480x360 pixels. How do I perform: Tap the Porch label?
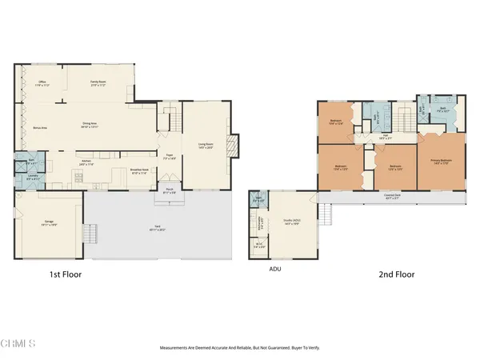[169, 191]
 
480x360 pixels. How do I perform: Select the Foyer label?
[170, 157]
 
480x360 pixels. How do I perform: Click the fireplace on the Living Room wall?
[231, 146]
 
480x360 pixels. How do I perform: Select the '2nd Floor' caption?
[396, 274]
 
